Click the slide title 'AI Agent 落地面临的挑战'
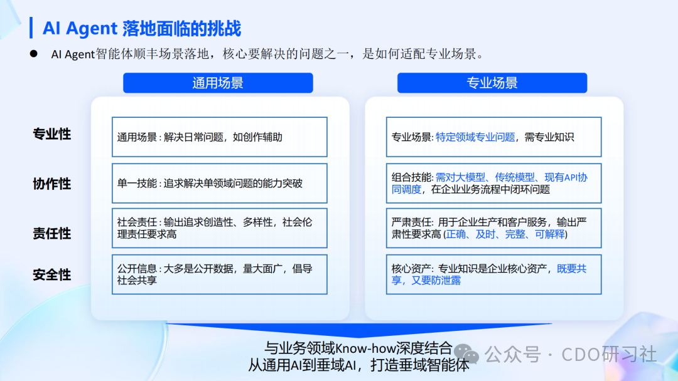pos(142,28)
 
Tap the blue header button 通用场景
pos(218,83)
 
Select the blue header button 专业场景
pos(492,83)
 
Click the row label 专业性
pos(52,134)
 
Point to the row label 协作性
pos(52,184)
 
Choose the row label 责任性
pos(52,234)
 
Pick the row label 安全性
pos(52,274)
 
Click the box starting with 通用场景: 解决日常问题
pos(219,137)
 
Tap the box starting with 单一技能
pos(219,184)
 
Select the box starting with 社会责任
pos(219,228)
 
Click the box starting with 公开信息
pos(219,274)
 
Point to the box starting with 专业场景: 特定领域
pos(493,137)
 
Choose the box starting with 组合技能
pos(493,184)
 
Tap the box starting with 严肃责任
pos(493,228)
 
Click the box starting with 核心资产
pos(493,274)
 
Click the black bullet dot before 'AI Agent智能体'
pos(34,54)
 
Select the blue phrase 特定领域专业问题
pos(475,137)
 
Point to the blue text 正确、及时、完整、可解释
pos(505,234)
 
